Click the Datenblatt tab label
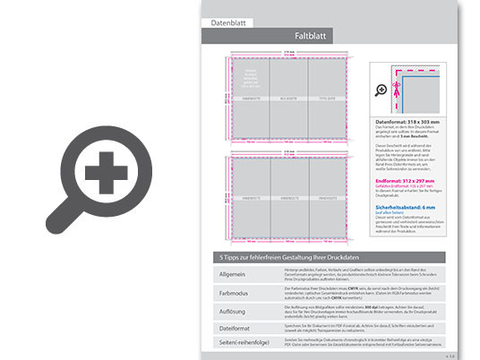coord(227,21)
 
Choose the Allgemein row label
coord(231,273)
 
